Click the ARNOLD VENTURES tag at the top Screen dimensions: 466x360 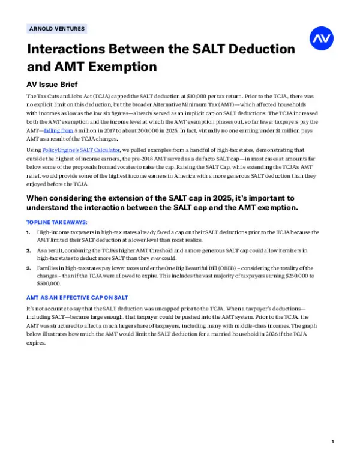(x=58, y=28)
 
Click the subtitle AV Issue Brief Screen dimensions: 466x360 (x=58, y=84)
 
